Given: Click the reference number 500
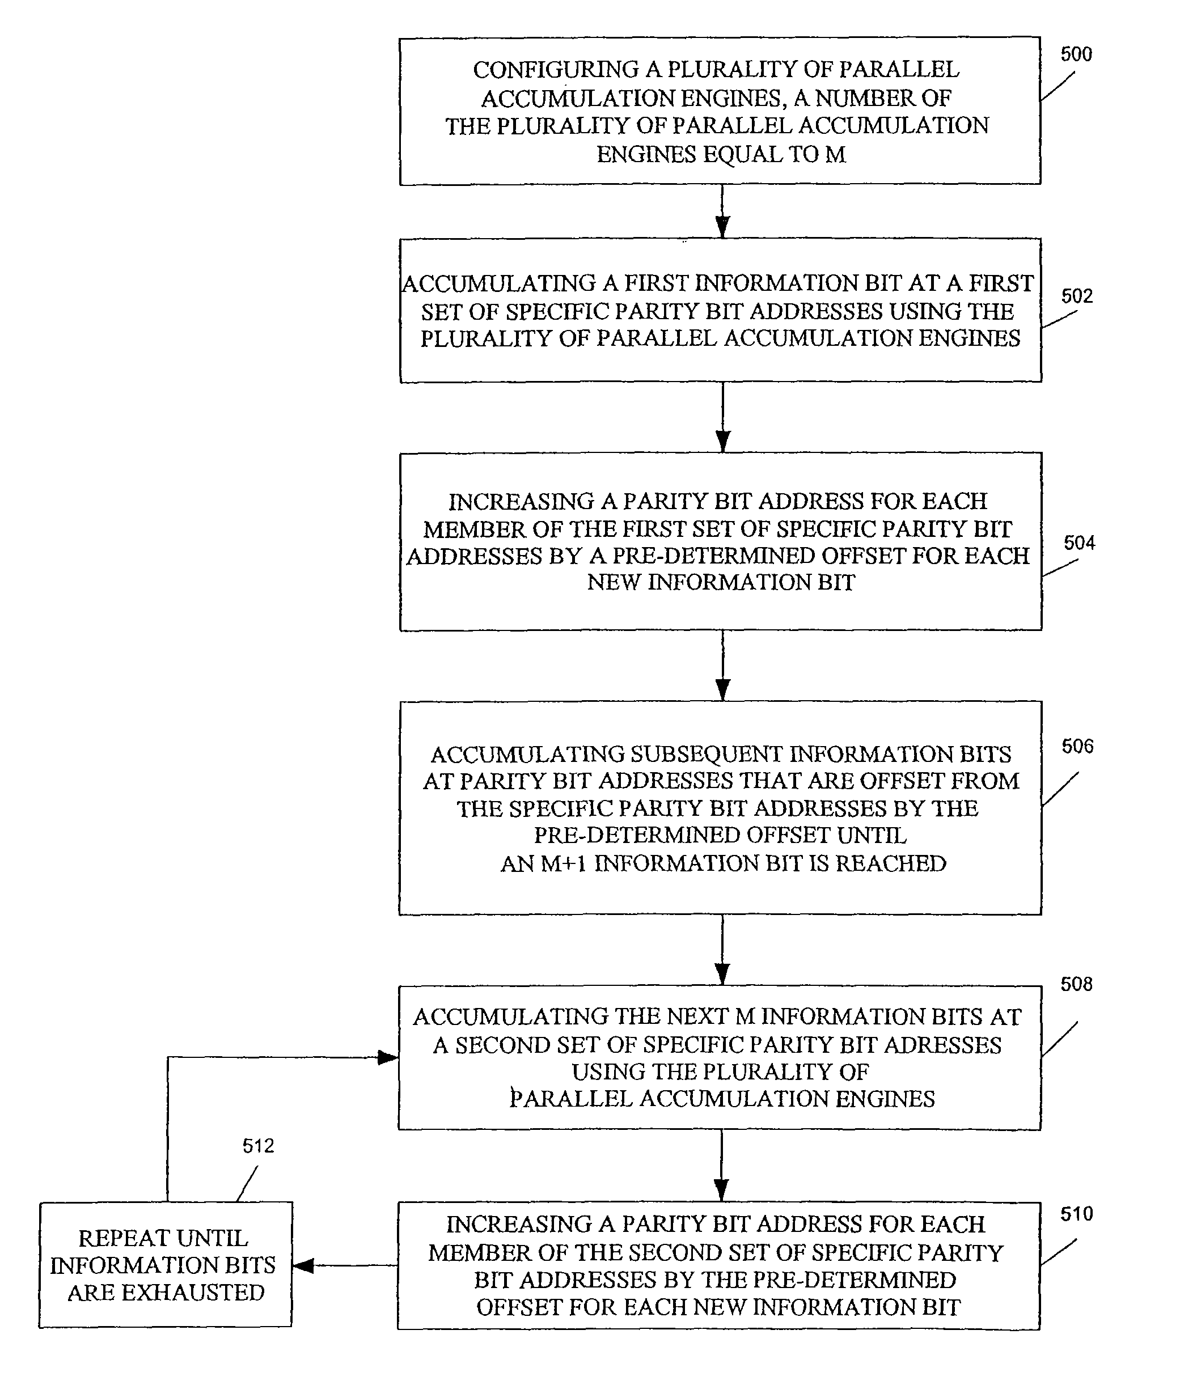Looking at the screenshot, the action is tap(1076, 54).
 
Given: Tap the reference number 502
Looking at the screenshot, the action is tap(1077, 296).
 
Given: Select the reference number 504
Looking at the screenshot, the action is tap(1079, 543).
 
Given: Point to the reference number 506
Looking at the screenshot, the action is tap(1077, 746).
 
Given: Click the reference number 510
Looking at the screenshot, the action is tap(1076, 1214).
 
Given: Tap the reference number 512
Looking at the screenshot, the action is tap(258, 1146).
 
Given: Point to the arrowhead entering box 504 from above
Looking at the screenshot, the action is tap(723, 441).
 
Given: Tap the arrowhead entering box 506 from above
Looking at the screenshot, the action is tap(723, 690).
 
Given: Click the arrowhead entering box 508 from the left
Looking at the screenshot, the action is tap(388, 1057).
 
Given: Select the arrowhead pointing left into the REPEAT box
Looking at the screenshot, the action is tap(303, 1265).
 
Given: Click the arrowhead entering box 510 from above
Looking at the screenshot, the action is tap(721, 1191).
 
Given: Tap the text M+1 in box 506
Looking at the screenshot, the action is tap(563, 863).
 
